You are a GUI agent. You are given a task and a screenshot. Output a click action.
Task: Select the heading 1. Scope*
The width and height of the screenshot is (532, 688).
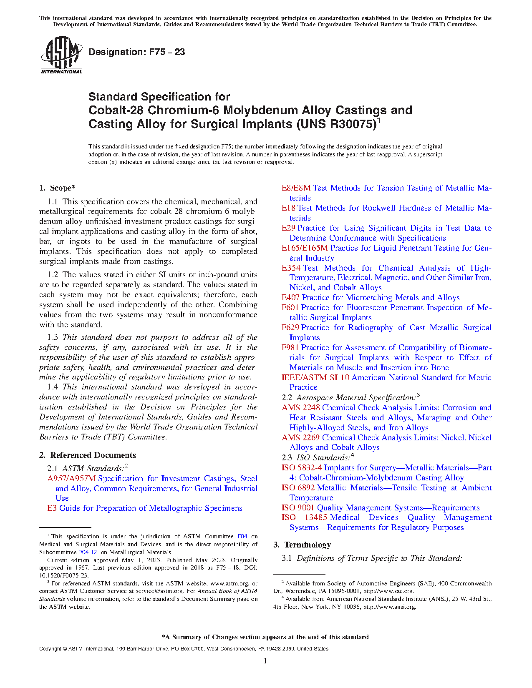click(x=58, y=188)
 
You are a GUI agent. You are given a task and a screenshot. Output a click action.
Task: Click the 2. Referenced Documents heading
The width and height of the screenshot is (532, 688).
click(x=88, y=455)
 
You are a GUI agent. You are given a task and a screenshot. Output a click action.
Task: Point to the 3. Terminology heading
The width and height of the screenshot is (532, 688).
click(x=302, y=545)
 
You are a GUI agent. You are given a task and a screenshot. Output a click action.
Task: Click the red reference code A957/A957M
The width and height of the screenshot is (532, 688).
click(x=71, y=479)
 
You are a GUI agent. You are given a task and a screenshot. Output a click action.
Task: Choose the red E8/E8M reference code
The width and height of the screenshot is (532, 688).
click(x=296, y=188)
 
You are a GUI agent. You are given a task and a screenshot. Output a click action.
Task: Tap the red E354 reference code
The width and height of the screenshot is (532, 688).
click(x=291, y=268)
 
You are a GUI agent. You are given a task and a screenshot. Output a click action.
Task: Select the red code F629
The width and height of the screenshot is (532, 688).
click(x=290, y=328)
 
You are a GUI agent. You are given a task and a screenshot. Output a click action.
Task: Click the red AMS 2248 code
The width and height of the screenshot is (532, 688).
click(x=300, y=408)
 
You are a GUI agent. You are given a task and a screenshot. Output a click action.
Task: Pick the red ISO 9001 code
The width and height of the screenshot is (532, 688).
click(x=298, y=508)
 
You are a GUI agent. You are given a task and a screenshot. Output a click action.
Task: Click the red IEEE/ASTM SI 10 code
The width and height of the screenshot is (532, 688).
click(x=315, y=378)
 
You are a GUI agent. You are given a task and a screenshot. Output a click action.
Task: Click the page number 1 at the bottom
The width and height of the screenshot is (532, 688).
click(x=265, y=661)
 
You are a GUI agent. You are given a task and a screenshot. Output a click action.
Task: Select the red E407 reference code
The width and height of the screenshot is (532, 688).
click(x=290, y=298)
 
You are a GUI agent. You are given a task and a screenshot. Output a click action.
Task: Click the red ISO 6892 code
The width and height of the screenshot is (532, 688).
click(x=298, y=488)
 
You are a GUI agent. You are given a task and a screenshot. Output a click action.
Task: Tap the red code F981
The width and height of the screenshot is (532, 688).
click(x=290, y=348)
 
